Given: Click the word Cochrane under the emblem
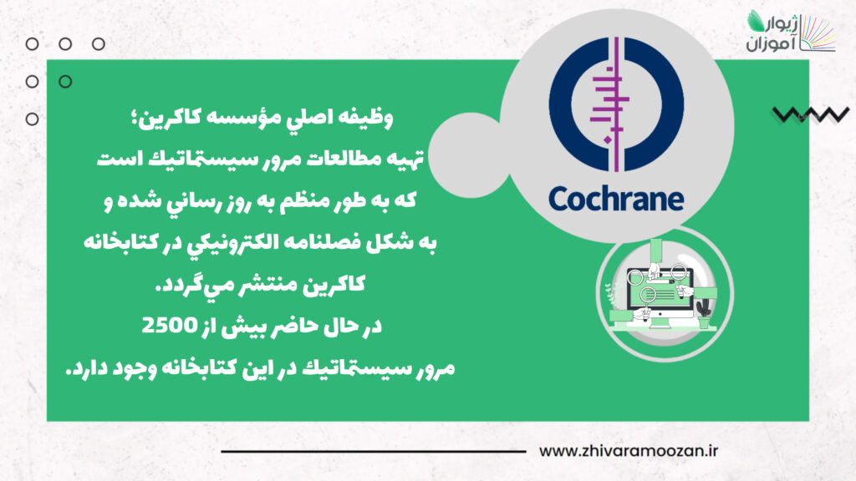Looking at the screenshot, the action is pyautogui.click(x=616, y=199).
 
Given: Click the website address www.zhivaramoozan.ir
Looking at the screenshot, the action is pyautogui.click(x=629, y=451).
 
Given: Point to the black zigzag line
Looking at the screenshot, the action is pyautogui.click(x=811, y=114).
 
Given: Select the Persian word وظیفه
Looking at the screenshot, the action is pyautogui.click(x=364, y=118).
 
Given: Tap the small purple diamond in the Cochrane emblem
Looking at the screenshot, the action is pyautogui.click(x=607, y=140).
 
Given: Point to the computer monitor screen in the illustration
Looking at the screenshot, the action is pyautogui.click(x=660, y=289).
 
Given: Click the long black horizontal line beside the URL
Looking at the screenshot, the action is pyautogui.click(x=374, y=452).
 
